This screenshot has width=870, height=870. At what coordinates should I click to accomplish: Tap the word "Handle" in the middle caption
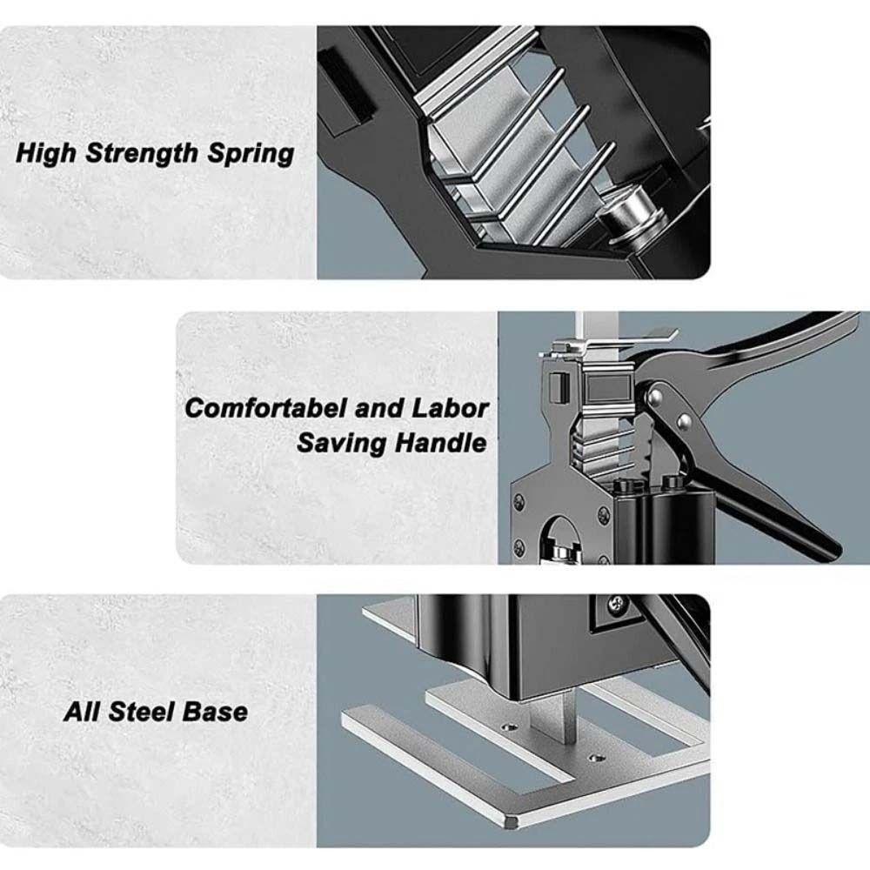441,443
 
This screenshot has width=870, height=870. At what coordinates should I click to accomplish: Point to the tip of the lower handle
831,550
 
